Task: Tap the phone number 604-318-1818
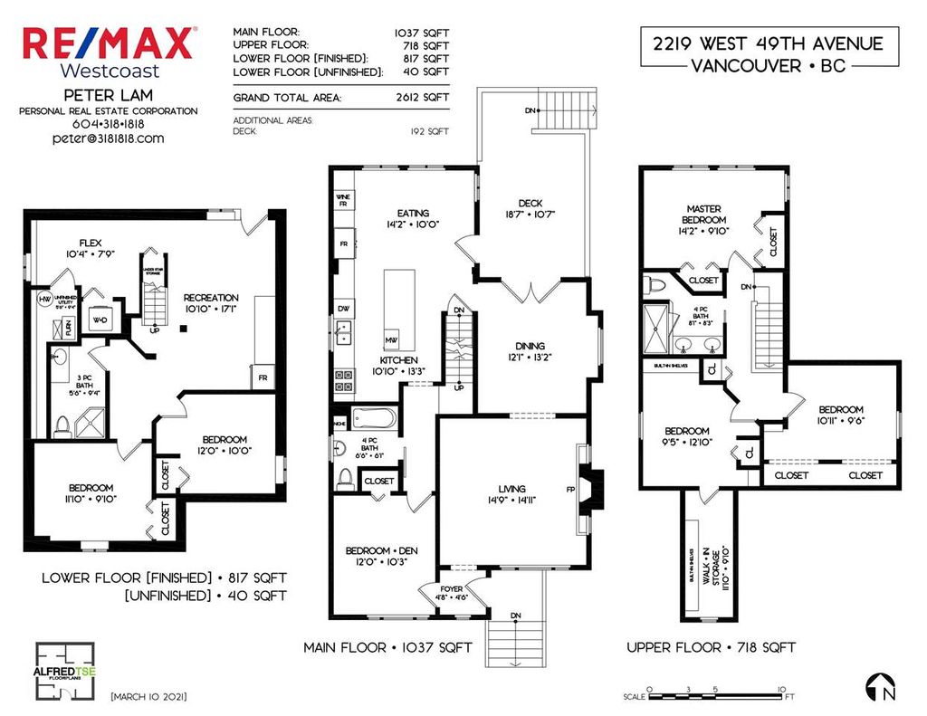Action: point(109,124)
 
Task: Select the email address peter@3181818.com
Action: point(109,138)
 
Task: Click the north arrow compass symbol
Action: point(881,687)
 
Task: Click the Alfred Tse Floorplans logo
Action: point(65,671)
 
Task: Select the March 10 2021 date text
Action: point(148,697)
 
